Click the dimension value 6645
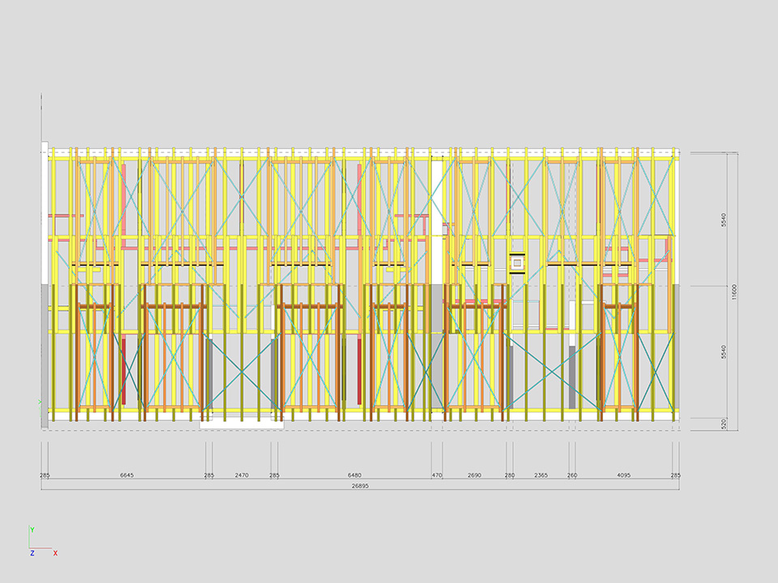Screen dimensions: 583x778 coord(126,475)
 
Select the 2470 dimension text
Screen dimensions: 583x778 coord(242,475)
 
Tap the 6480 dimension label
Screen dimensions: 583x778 coord(354,475)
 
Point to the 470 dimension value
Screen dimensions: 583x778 coord(438,475)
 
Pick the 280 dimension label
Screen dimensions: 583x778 coord(510,475)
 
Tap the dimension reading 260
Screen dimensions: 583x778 coord(572,475)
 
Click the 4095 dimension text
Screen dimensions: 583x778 coord(623,475)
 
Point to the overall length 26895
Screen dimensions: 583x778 coord(360,487)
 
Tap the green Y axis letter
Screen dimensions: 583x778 coord(32,529)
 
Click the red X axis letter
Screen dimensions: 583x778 coord(55,553)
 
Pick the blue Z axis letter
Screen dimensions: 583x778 coord(32,553)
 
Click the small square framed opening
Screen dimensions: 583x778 coord(516,263)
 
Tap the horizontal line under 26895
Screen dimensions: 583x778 coord(360,491)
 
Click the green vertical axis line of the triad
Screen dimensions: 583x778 coord(32,540)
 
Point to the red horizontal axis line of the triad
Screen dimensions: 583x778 coord(43,548)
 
